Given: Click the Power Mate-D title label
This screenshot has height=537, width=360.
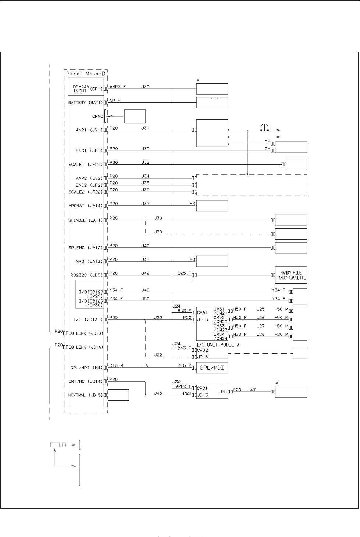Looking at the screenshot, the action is [86, 74].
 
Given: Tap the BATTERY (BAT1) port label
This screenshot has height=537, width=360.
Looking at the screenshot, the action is [86, 103].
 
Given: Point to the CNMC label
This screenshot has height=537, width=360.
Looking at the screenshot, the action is [97, 116].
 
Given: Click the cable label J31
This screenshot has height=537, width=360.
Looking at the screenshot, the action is [145, 128].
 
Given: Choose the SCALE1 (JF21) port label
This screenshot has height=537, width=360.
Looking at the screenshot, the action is [86, 165].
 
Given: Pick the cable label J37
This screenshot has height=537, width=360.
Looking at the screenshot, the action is [145, 204].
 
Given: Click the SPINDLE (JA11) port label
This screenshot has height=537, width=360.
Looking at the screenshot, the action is [86, 220].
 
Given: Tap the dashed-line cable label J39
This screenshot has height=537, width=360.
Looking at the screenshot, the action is [158, 232].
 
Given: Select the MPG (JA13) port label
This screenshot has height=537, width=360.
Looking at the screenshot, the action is [89, 261].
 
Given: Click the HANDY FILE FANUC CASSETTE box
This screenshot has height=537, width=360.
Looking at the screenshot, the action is [291, 275].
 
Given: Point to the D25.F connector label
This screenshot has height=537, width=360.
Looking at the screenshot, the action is [185, 273].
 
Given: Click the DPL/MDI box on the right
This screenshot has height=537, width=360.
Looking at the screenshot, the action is [212, 368].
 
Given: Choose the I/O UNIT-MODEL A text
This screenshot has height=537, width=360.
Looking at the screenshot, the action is [218, 345].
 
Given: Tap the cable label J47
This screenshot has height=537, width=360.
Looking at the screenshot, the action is [252, 389].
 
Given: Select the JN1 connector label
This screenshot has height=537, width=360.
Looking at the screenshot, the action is [223, 392].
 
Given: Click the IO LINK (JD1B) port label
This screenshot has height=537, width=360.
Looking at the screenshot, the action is [86, 333].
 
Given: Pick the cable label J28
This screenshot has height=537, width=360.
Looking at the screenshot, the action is [260, 334].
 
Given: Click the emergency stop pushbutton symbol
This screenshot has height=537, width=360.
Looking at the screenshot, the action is [264, 128].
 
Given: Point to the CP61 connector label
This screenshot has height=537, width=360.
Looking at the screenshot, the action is [202, 312].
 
